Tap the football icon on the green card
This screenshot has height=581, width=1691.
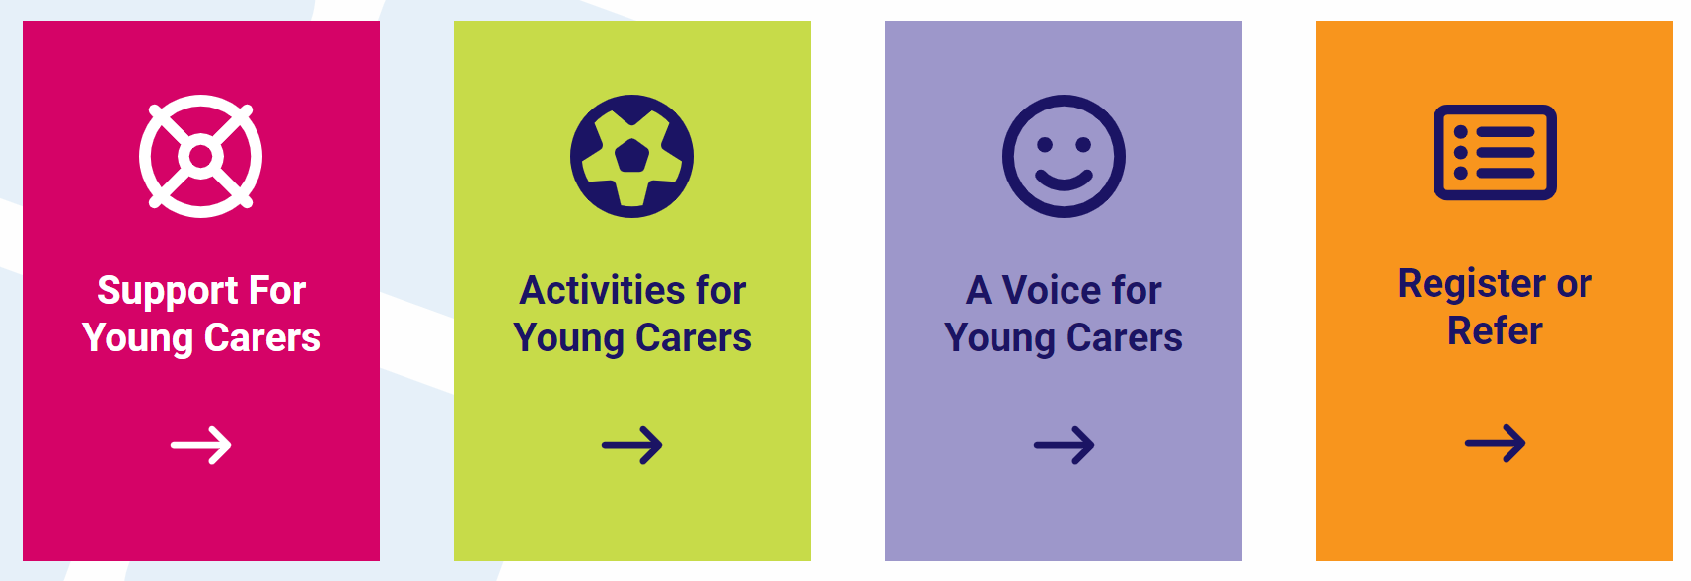631,156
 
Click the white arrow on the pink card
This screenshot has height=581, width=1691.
201,445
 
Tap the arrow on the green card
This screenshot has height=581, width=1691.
631,445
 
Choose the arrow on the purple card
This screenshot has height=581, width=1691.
1064,445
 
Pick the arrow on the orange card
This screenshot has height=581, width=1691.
1495,443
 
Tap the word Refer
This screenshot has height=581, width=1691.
1495,331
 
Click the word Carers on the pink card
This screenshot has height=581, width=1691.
262,338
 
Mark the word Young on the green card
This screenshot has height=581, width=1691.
568,338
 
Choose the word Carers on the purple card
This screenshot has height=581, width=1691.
1124,338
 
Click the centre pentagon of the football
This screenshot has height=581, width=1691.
631,156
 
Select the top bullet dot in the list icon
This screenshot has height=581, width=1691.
1461,132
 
